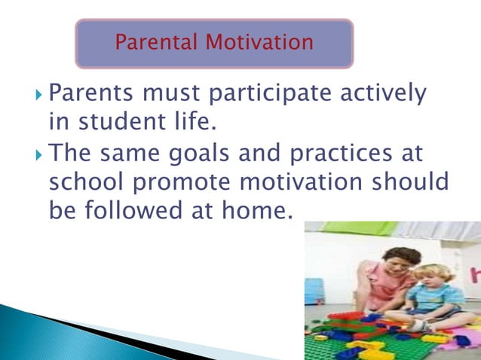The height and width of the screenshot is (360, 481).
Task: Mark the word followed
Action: (x=127, y=210)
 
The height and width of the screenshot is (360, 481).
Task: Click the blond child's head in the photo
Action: (x=437, y=275)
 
